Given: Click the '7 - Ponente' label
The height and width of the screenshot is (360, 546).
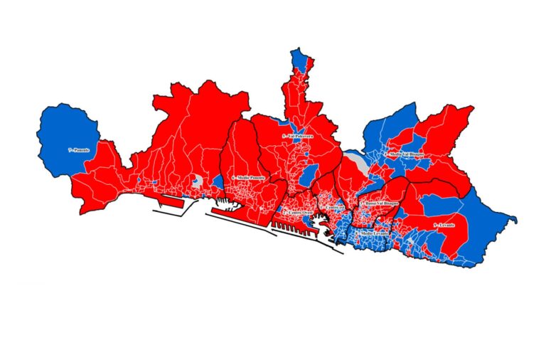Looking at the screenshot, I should pos(78,151).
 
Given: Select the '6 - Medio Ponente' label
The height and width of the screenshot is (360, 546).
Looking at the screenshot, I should pos(248,177).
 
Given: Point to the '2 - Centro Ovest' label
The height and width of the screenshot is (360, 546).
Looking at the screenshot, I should pos(298,213).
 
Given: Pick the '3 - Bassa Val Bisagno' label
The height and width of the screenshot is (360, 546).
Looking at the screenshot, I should pos(381,203).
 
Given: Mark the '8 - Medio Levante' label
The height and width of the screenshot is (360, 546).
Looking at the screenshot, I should pos(372,233).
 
